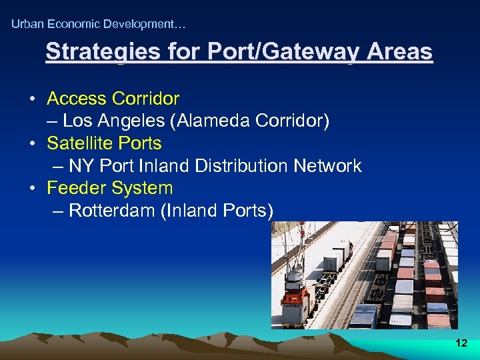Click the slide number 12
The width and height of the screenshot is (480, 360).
pyautogui.click(x=461, y=343)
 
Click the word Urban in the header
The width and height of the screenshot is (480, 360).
pyautogui.click(x=27, y=24)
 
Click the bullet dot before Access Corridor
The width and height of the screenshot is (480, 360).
pyautogui.click(x=32, y=99)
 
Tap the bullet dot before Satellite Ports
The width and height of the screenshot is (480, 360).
pyautogui.click(x=32, y=144)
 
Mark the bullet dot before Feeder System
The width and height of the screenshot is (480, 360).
pyautogui.click(x=32, y=189)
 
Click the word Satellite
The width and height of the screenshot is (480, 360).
pyautogui.click(x=78, y=143)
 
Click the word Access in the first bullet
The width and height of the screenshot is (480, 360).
pyautogui.click(x=77, y=99)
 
